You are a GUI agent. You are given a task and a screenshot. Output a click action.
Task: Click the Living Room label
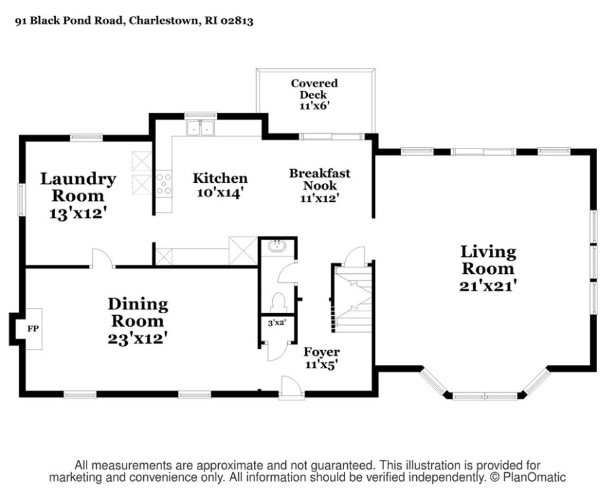(487, 269)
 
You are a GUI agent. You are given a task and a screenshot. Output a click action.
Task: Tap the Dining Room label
(137, 321)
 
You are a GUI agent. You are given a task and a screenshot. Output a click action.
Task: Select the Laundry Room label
(78, 196)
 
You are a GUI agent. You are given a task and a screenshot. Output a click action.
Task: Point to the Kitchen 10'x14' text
(220, 185)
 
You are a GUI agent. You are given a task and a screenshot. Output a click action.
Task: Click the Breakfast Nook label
(319, 185)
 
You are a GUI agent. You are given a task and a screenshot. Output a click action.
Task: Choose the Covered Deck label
(314, 94)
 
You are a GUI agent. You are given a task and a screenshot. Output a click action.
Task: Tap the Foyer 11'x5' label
(321, 358)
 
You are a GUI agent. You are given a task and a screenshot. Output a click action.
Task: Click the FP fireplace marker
(33, 329)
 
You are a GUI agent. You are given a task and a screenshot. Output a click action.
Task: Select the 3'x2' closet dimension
(277, 324)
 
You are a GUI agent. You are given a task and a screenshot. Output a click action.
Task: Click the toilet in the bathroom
(278, 302)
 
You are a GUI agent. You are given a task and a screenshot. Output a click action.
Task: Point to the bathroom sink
(277, 247)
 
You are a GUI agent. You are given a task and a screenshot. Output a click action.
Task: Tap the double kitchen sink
(201, 127)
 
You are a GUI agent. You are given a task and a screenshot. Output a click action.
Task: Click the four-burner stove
(164, 183)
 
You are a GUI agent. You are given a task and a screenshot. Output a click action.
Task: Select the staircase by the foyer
(352, 298)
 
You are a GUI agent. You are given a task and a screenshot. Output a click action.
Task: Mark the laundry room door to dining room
(103, 258)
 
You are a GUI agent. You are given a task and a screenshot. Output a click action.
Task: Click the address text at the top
(134, 21)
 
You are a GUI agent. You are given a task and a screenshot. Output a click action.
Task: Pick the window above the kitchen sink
(201, 116)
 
